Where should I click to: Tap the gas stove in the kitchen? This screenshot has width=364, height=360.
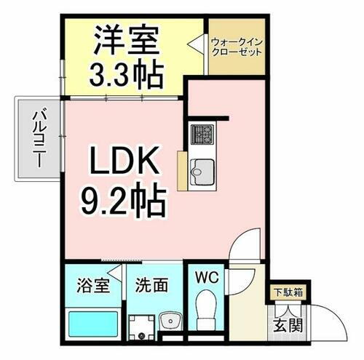tap(201, 135)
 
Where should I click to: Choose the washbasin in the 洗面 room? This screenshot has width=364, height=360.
tap(173, 320)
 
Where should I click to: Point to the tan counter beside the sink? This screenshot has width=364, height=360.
tap(182, 173)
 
